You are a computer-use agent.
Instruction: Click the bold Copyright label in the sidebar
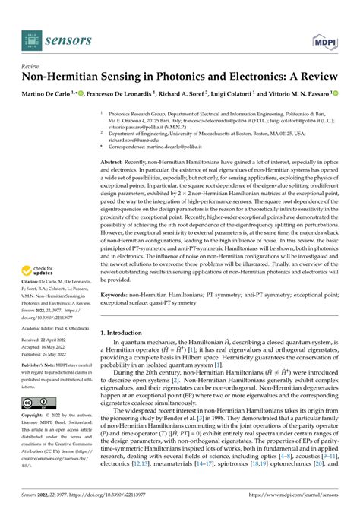[x=36, y=418]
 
